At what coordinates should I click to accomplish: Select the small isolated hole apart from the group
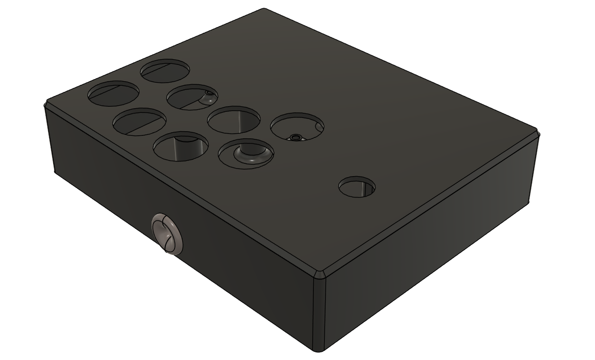click(x=357, y=187)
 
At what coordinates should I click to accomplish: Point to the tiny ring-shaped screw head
click(x=295, y=137)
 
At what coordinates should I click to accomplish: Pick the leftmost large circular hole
click(x=113, y=93)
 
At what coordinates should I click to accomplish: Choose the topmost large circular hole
click(x=164, y=70)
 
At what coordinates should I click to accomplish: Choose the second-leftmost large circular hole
click(x=139, y=122)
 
